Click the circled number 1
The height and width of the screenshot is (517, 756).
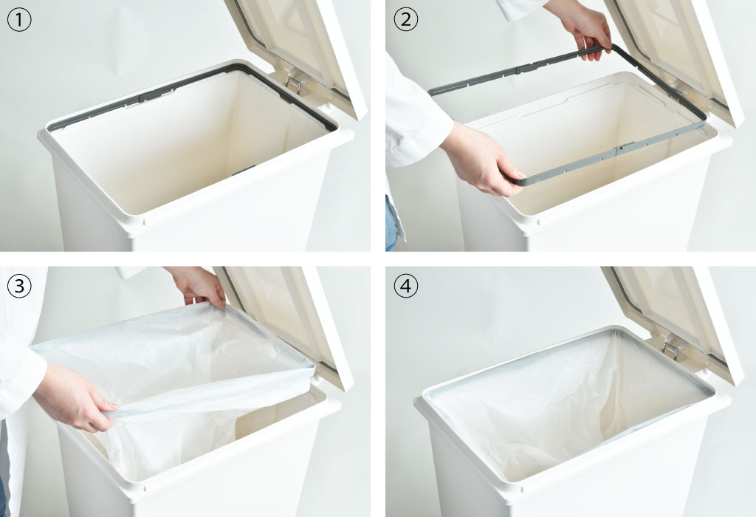click(x=19, y=20)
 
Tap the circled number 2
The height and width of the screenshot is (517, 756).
click(x=406, y=20)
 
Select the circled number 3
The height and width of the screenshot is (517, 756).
click(x=19, y=286)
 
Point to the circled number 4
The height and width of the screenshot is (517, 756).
click(x=406, y=286)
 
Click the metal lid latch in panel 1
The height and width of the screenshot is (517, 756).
click(x=294, y=83)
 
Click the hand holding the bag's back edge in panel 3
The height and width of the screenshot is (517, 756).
click(x=199, y=287)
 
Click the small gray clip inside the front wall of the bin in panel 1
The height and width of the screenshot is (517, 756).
click(x=244, y=170)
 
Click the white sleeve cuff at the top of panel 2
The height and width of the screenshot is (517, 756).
click(x=520, y=8)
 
